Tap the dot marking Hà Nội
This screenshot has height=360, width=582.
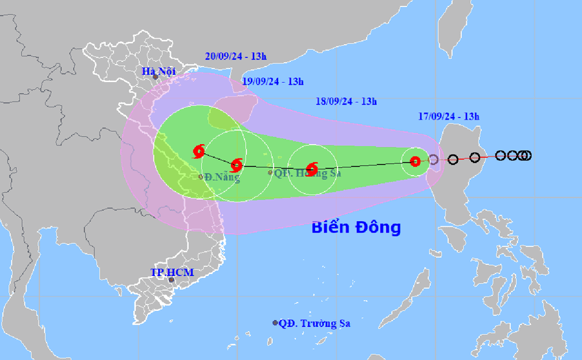click(155, 77)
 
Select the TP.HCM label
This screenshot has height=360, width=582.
click(171, 273)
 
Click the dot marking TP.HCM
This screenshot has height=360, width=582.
click(171, 280)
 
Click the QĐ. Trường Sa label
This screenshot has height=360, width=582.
click(315, 323)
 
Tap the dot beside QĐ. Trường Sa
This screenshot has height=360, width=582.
click(275, 323)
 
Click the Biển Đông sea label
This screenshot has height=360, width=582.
click(356, 228)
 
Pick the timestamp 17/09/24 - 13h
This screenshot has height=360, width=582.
click(448, 116)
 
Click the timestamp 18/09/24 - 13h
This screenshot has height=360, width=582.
click(347, 101)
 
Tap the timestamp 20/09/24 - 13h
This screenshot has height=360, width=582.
click(235, 56)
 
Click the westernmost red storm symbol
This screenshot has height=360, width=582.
click(199, 152)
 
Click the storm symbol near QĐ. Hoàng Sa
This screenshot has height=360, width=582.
click(312, 169)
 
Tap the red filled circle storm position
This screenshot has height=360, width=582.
click(415, 162)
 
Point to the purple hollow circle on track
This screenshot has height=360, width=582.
click(433, 159)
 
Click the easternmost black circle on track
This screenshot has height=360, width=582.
click(526, 155)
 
